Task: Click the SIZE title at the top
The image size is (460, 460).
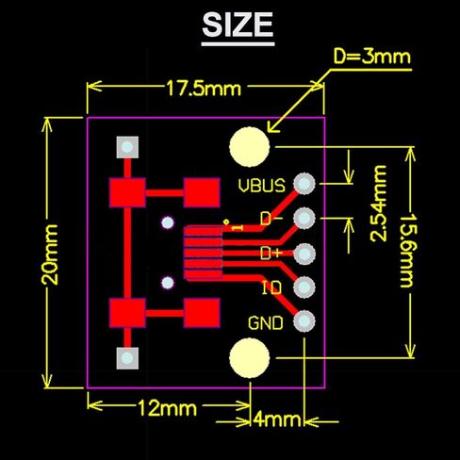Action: [238, 25]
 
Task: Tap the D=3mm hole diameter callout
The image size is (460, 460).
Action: [372, 57]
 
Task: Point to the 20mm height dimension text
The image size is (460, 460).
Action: [50, 253]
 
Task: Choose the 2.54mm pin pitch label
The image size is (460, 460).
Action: [379, 205]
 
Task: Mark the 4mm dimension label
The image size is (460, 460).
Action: [277, 419]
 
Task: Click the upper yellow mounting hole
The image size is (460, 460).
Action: [250, 147]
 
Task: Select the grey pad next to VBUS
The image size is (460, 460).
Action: [304, 184]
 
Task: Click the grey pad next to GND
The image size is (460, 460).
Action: [304, 321]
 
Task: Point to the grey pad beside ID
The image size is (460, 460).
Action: [304, 287]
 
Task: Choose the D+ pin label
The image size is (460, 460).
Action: [271, 253]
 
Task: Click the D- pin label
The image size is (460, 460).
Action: [271, 219]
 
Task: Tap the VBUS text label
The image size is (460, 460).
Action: [261, 185]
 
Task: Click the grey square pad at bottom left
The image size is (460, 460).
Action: [125, 358]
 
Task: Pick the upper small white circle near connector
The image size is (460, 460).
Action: [168, 223]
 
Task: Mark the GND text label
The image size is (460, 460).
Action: [265, 322]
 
